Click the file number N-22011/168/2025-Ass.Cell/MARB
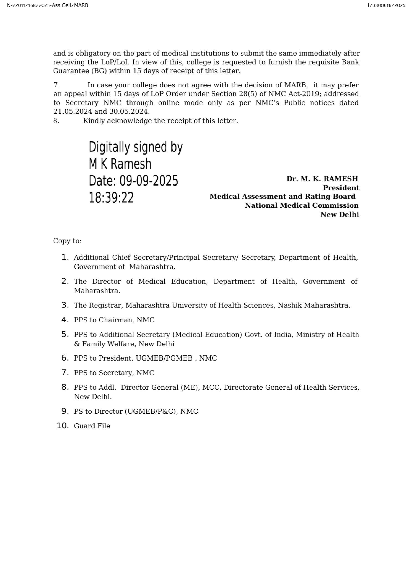tap(48, 5)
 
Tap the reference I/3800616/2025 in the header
tap(386, 5)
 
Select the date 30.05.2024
tap(129, 111)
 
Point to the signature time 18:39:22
tap(111, 198)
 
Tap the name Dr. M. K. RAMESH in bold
tap(322, 179)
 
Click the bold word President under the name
tap(341, 188)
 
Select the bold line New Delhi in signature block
tap(340, 215)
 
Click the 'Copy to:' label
tap(67, 241)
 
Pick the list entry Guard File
tap(92, 426)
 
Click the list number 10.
tap(63, 426)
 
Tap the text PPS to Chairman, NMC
tap(114, 320)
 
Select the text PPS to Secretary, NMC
tap(114, 373)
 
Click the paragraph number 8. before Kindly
tap(56, 121)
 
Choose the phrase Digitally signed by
tap(135, 147)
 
